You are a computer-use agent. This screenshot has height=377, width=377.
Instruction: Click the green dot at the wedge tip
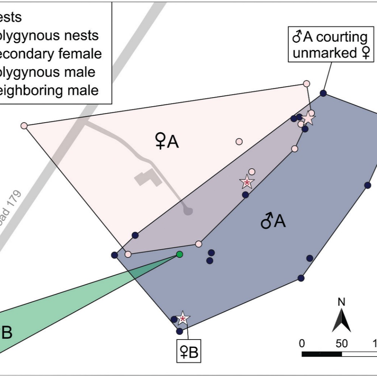180,254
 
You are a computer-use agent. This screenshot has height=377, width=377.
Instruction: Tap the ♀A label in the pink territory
167,142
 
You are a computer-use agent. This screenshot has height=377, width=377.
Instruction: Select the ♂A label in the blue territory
273,222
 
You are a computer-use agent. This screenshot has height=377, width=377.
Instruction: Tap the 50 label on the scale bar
341,344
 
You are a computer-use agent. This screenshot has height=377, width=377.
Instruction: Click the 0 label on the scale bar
302,344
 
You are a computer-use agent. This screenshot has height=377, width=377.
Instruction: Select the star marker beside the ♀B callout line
183,319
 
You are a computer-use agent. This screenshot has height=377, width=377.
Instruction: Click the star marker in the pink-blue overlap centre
247,182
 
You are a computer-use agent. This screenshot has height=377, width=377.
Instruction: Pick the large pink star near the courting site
309,118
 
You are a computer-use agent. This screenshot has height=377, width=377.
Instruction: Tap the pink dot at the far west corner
24,126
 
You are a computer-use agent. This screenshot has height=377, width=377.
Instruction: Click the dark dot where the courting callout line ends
323,93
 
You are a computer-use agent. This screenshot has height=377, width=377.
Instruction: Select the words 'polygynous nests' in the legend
49,35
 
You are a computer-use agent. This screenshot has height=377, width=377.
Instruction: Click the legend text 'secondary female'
51,53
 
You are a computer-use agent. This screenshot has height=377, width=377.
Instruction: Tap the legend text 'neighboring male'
49,90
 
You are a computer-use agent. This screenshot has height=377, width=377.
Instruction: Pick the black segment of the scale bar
322,354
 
